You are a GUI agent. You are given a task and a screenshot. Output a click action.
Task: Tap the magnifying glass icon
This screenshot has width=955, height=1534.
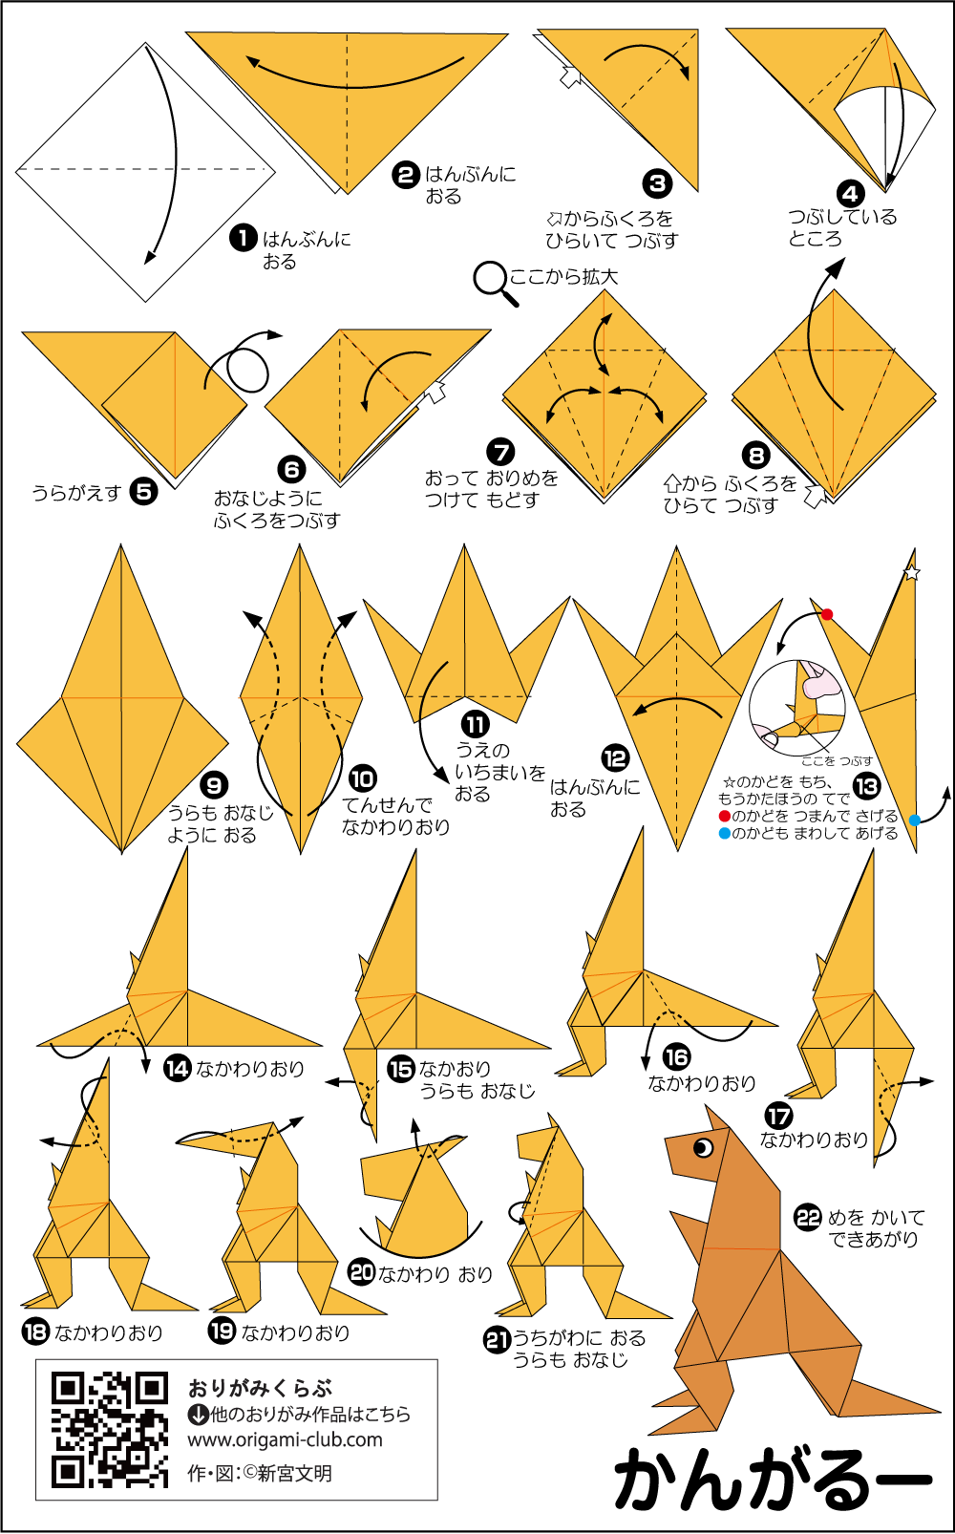496,282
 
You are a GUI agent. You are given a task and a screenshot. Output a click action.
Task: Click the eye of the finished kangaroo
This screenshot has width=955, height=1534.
703,1148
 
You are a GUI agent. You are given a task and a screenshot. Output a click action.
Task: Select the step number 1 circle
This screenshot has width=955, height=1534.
243,239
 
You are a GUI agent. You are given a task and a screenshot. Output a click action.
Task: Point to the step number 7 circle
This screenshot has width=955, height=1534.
500,452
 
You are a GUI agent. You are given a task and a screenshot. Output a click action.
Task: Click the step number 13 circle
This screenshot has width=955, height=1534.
866,785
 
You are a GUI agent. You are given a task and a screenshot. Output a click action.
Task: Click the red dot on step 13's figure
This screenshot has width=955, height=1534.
827,614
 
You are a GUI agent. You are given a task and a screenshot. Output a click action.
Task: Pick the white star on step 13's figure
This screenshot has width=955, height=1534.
911,572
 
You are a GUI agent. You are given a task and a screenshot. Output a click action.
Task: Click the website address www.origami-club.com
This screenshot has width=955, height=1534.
285,1439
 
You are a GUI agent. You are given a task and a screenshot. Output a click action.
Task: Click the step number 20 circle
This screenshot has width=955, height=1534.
361,1272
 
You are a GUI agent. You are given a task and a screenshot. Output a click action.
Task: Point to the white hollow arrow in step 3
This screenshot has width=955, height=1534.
569,76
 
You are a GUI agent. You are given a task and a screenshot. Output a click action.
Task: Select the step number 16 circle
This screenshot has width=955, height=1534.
676,1057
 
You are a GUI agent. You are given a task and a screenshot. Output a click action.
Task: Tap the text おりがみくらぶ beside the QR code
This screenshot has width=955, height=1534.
260,1389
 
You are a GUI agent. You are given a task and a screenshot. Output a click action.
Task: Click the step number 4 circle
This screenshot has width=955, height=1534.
850,194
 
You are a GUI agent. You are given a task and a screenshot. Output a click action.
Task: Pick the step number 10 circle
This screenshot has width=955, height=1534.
362,778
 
